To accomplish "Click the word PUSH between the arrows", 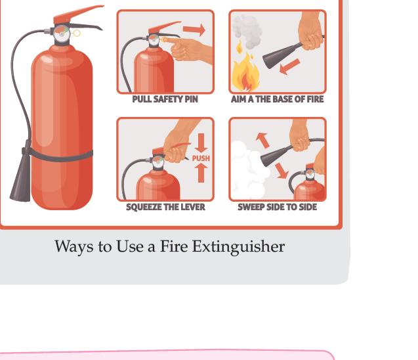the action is coord(201,158).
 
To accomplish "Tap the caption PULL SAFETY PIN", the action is coord(165,99).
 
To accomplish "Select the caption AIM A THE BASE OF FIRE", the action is coord(277,99).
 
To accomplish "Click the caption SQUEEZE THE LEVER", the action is coord(165,207).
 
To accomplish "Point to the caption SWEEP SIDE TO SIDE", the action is coord(277,207).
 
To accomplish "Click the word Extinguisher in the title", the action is coord(238,246).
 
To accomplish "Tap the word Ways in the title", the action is coord(74,246).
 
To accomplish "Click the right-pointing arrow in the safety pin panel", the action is coord(194,30).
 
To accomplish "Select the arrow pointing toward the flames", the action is coord(289,67).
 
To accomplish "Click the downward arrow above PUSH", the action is coord(201,143).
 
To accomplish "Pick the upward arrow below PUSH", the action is coord(201,173).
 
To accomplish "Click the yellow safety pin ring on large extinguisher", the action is coord(77,33).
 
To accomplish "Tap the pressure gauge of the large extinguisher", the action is coord(62,34).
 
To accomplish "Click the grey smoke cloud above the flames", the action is coord(247,32).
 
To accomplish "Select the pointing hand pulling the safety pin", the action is coord(188,50).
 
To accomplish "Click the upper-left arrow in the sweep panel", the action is coord(262,140).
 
